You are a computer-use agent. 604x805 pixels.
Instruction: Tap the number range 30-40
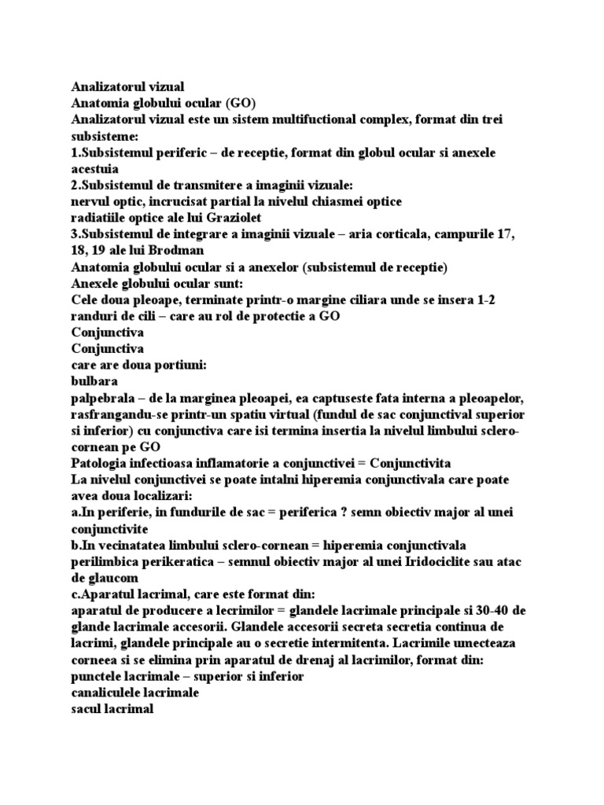(503, 614)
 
